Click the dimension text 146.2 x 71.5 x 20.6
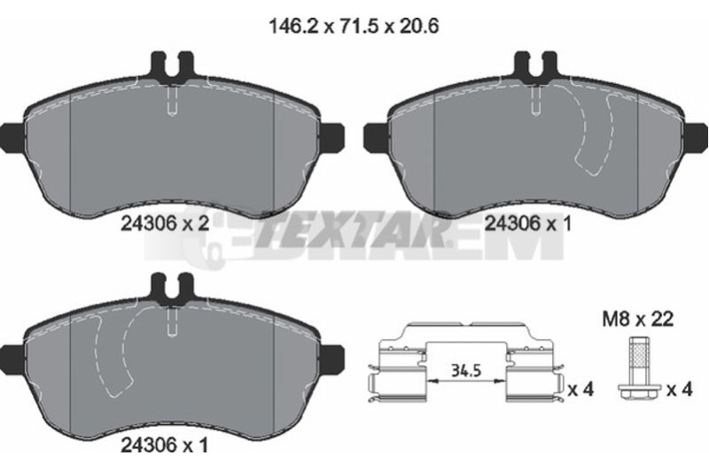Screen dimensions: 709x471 click(354, 27)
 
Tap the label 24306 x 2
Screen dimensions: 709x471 click(165, 223)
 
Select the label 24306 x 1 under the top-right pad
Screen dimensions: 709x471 click(527, 223)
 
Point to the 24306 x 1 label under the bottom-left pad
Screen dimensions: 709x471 click(165, 445)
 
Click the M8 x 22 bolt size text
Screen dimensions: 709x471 click(637, 319)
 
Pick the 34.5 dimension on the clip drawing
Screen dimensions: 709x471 click(466, 371)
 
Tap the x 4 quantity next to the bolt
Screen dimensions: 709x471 click(679, 390)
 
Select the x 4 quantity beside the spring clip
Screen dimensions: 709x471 click(580, 390)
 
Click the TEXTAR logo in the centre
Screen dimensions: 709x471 click(353, 230)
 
